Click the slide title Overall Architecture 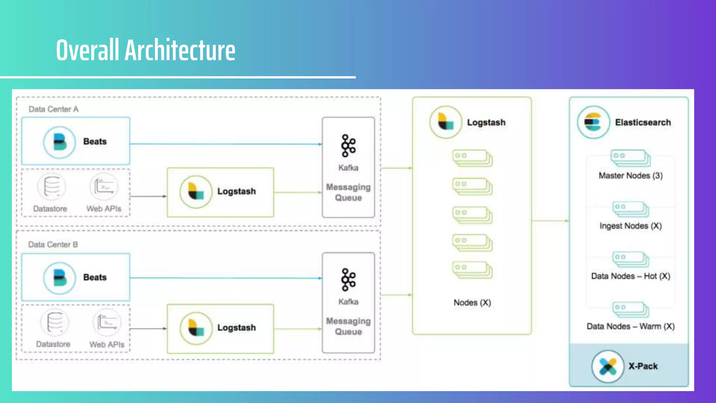click(x=145, y=50)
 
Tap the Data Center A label click(x=53, y=109)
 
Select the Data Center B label click(x=53, y=245)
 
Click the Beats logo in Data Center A click(x=59, y=142)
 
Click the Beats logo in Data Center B click(x=59, y=278)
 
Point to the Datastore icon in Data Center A click(x=52, y=187)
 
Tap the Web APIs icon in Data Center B click(x=107, y=323)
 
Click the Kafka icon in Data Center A click(x=348, y=146)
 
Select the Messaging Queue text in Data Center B click(x=348, y=326)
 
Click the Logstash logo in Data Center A click(x=196, y=192)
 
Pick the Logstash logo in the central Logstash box click(x=446, y=122)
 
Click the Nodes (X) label click(x=472, y=303)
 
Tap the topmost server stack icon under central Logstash click(x=472, y=158)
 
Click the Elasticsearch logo click(x=593, y=122)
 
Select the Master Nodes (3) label click(x=630, y=176)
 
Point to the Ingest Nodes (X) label click(x=630, y=226)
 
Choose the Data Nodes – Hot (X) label click(x=630, y=276)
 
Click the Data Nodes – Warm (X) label click(x=630, y=326)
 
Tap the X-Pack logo click(x=608, y=366)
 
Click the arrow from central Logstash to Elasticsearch click(x=550, y=221)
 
